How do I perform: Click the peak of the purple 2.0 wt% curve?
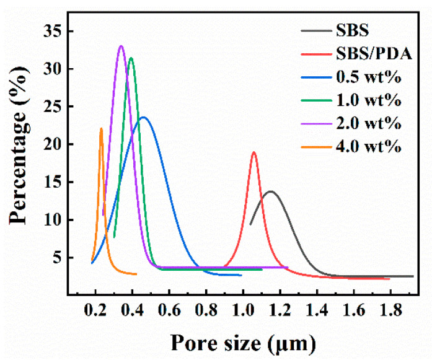(121, 46)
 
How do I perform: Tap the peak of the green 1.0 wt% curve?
(131, 58)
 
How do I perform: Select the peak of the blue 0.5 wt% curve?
(143, 117)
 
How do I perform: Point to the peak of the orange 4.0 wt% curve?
(101, 129)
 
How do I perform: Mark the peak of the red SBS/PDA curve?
(253, 152)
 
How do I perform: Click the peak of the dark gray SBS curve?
(270, 191)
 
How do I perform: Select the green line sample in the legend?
(320, 100)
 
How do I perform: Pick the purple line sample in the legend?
(320, 124)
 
